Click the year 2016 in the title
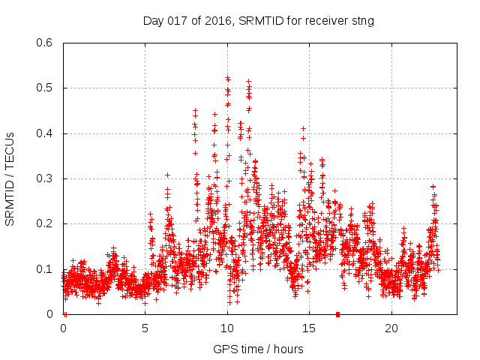point(218,21)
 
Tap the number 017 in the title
point(178,21)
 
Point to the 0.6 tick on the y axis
point(46,43)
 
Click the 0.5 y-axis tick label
point(46,88)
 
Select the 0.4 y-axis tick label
point(46,133)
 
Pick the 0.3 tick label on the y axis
point(46,178)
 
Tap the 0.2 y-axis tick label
point(46,224)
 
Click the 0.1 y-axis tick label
point(46,269)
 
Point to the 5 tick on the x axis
point(145,328)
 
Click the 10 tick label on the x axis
point(227,328)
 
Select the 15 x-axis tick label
point(309,328)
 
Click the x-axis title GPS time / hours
point(258,349)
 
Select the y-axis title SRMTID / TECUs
point(10,178)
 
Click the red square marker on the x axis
point(337,314)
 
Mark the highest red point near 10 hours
point(227,77)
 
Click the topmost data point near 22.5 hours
point(433,186)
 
